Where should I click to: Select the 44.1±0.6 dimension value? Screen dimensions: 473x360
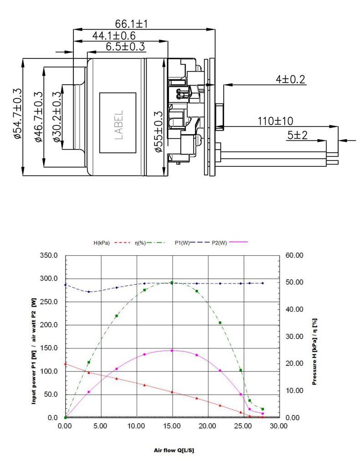(x=114, y=36)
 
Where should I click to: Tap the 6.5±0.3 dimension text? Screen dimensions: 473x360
(x=125, y=46)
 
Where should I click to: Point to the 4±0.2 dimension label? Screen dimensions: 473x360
(x=290, y=79)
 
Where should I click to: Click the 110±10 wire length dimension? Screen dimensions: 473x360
(x=275, y=121)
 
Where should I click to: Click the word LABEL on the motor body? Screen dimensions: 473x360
(x=118, y=123)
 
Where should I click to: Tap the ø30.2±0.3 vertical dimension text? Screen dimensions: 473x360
(x=57, y=117)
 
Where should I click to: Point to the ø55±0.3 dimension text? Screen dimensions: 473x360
(x=159, y=131)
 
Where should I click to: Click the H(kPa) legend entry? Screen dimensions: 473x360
(x=102, y=243)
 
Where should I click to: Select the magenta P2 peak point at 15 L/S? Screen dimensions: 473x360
(x=172, y=350)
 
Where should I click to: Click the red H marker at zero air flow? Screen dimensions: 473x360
(x=66, y=364)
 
